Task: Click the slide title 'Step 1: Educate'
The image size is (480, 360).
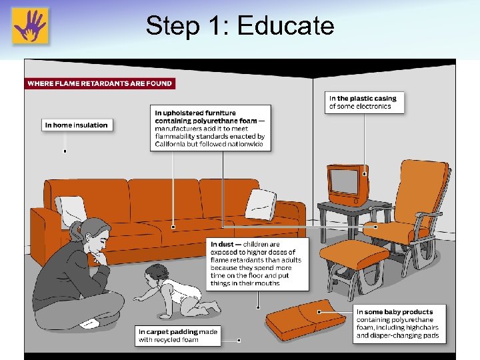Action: pos(239,26)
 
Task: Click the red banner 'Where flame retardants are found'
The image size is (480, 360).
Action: pos(99,83)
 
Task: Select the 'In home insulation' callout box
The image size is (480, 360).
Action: pos(76,125)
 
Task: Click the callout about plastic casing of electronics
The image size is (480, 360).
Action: pos(365,102)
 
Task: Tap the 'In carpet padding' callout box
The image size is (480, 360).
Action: pos(177,335)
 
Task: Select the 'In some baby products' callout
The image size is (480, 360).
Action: pos(399,324)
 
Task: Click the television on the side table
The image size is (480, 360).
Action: pos(347,184)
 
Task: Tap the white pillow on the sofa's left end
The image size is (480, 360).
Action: pos(70,209)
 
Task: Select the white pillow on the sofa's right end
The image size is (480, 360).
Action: pos(260,204)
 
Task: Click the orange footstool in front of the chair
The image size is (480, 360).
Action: pos(353,256)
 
